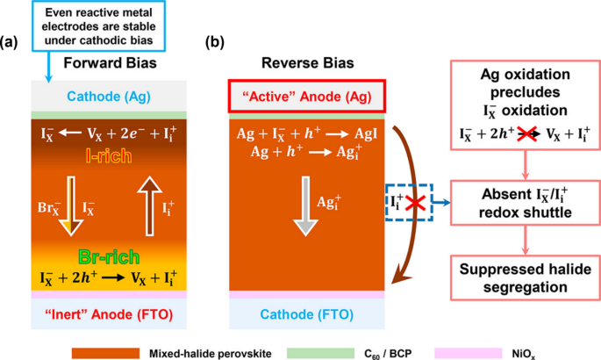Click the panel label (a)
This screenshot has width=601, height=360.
(11, 42)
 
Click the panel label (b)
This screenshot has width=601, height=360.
(215, 42)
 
